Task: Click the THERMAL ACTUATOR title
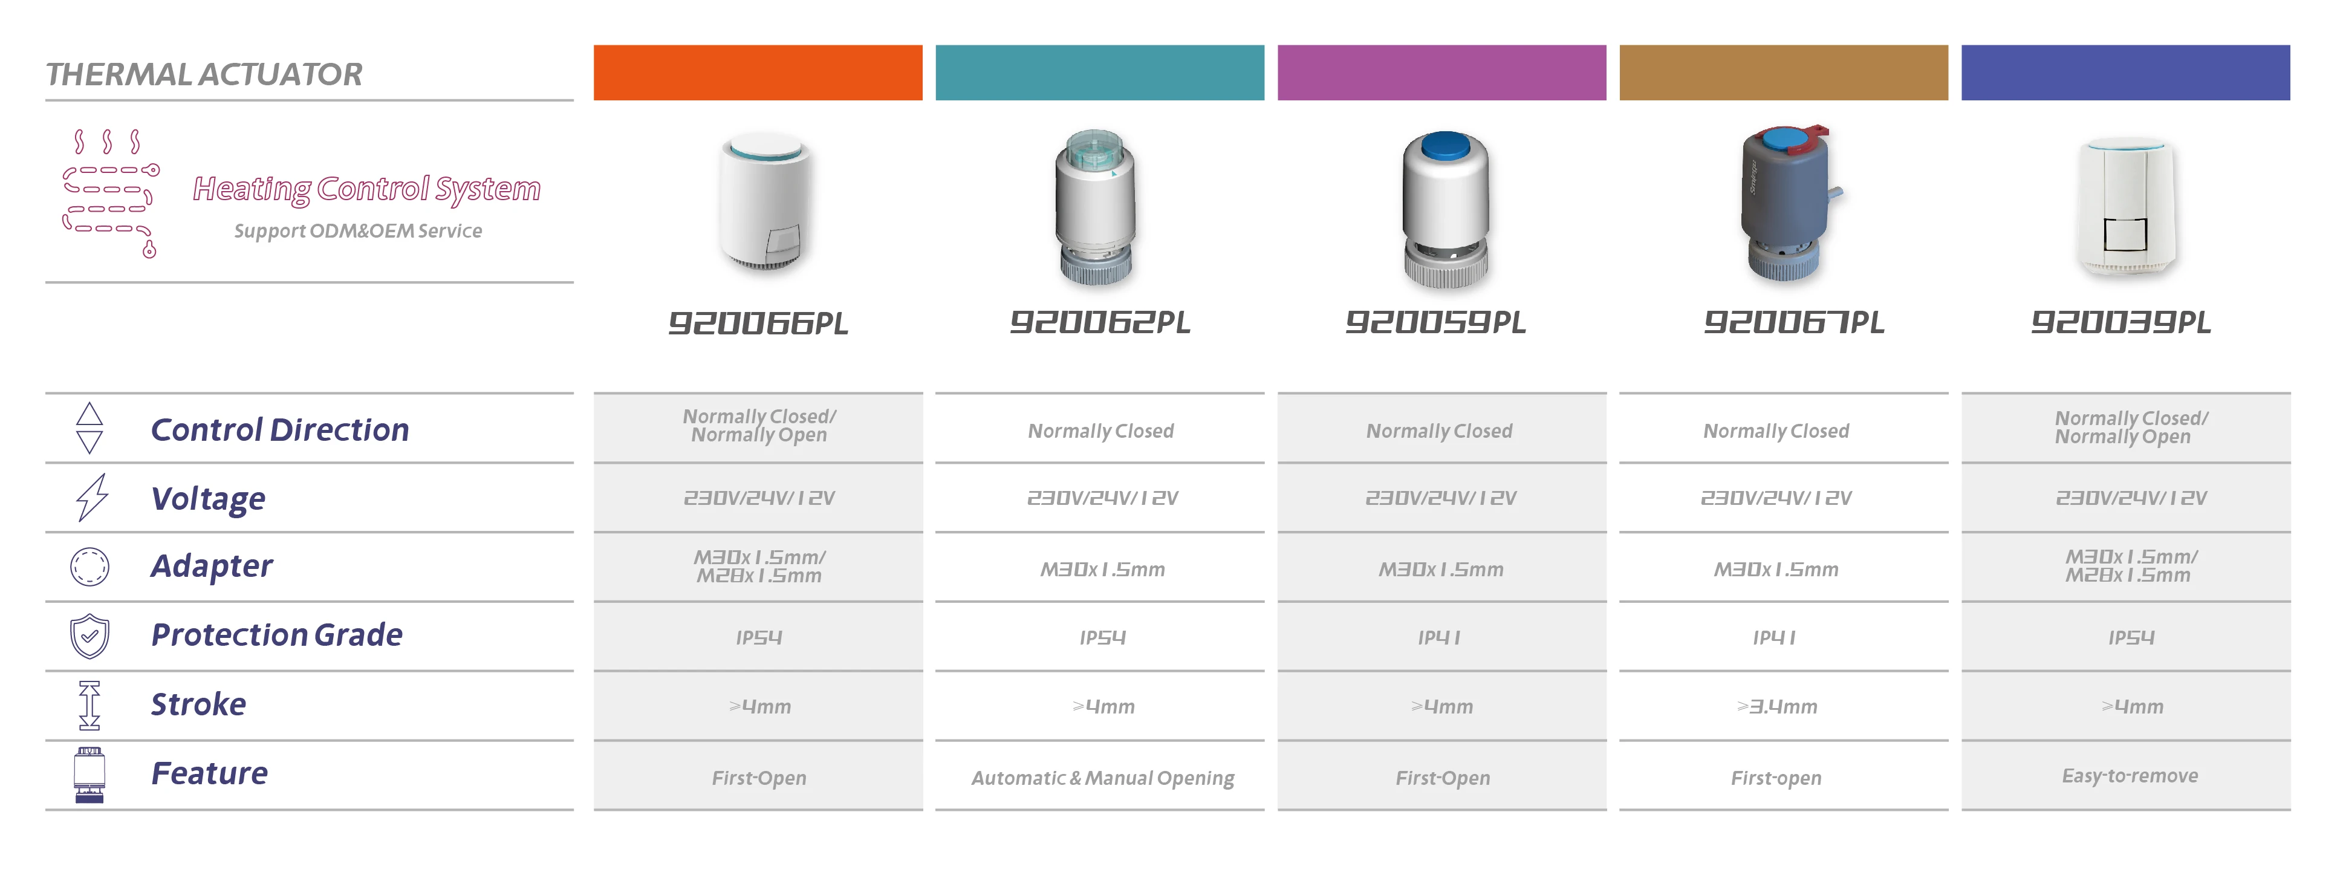click(x=204, y=74)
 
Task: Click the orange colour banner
click(x=758, y=73)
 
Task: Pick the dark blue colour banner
click(x=2125, y=73)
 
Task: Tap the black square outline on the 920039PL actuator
click(x=2125, y=235)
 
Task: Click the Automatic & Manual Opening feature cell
click(x=1102, y=778)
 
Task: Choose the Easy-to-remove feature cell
click(x=2129, y=776)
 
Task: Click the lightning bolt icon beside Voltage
click(x=91, y=497)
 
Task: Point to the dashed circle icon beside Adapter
click(x=89, y=567)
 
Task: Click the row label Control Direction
click(x=279, y=429)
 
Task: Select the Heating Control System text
click(x=366, y=189)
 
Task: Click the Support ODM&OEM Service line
click(x=357, y=231)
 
